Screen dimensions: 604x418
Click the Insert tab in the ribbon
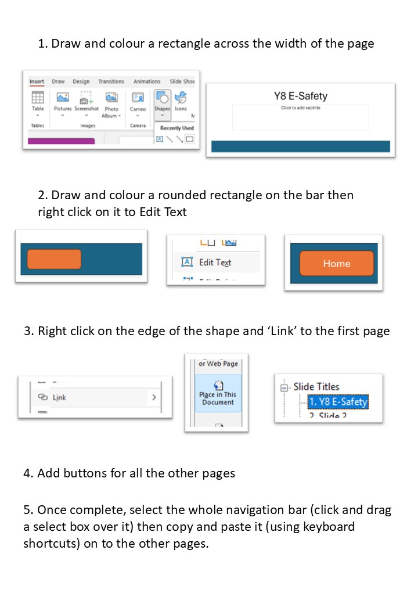point(37,82)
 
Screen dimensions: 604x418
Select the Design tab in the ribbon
point(81,82)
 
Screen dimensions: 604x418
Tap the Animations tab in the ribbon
point(146,82)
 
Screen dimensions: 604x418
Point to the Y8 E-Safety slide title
point(301,96)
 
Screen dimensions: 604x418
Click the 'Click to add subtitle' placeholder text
point(300,108)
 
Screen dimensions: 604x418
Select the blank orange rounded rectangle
point(54,259)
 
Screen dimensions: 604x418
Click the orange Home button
point(337,264)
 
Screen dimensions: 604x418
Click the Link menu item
point(59,398)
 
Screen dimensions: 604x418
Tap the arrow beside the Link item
point(154,398)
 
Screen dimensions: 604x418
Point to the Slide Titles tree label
point(316,386)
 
